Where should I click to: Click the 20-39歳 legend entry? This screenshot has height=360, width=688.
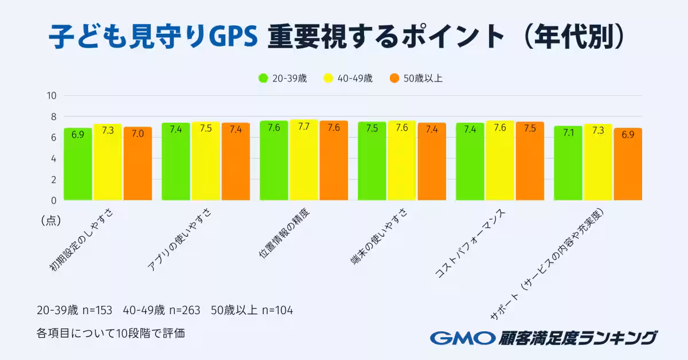pos(283,79)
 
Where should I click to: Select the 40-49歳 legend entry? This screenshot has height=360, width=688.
pos(348,79)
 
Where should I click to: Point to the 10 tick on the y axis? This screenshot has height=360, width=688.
pos(51,96)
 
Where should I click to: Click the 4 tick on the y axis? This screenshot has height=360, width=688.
pos(53,158)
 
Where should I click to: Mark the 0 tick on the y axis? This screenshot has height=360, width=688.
pos(53,200)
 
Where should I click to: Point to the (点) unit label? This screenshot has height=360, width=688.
pos(51,220)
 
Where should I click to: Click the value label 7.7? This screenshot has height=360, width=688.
pos(304,127)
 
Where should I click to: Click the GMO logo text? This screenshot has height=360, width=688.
pos(462,338)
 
